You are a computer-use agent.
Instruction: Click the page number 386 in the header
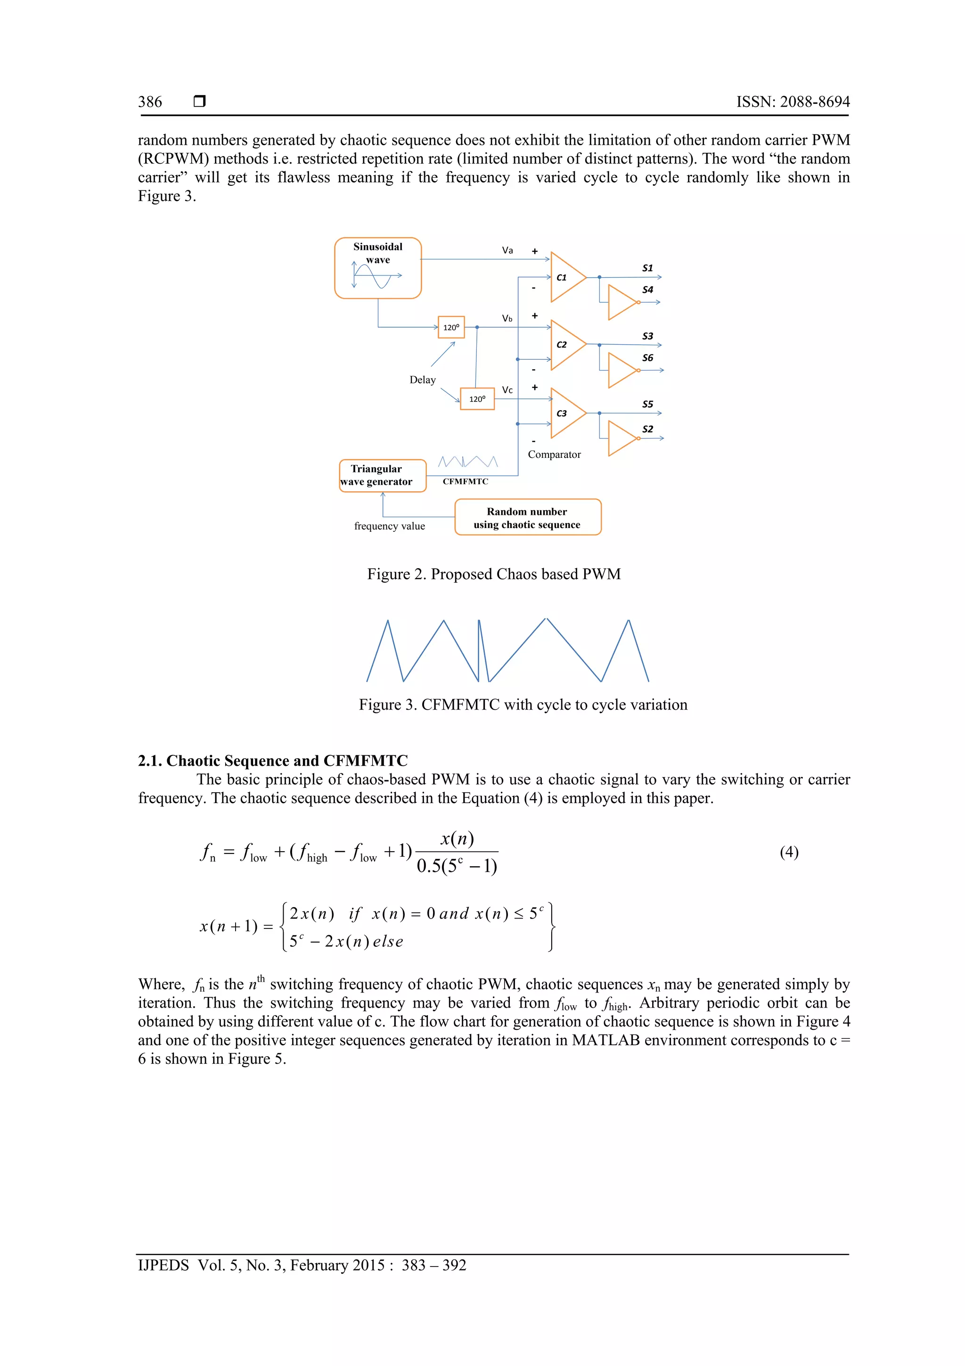pyautogui.click(x=150, y=102)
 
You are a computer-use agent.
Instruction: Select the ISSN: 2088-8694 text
pyautogui.click(x=793, y=102)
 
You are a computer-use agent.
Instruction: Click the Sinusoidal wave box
pyautogui.click(x=377, y=268)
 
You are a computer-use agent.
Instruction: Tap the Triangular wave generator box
pyautogui.click(x=382, y=475)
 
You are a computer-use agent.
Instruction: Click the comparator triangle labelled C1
pyautogui.click(x=566, y=277)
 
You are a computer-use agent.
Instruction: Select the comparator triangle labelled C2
pyautogui.click(x=566, y=345)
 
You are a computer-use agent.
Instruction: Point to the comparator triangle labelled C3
pyautogui.click(x=566, y=414)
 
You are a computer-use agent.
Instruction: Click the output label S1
pyautogui.click(x=647, y=268)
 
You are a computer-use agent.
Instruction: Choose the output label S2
pyautogui.click(x=647, y=430)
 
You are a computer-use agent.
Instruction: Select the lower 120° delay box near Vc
pyautogui.click(x=477, y=398)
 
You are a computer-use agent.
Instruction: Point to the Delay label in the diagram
pyautogui.click(x=422, y=380)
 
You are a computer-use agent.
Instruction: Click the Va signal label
pyautogui.click(x=507, y=250)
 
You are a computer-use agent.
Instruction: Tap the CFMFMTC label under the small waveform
pyautogui.click(x=465, y=481)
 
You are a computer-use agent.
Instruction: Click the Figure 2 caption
pyautogui.click(x=493, y=574)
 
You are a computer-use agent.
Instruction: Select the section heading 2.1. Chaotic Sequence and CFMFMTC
pyautogui.click(x=273, y=761)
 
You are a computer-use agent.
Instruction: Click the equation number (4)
pyautogui.click(x=789, y=852)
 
